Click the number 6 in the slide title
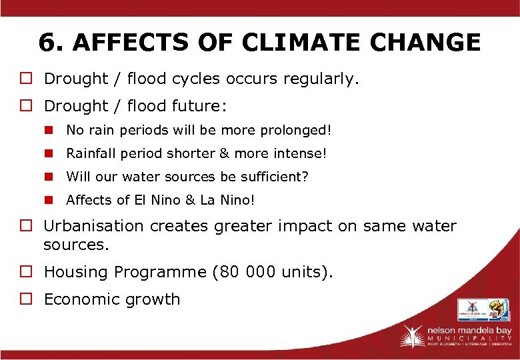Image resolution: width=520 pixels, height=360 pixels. click(x=47, y=43)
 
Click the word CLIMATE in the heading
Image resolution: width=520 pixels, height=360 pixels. click(x=296, y=43)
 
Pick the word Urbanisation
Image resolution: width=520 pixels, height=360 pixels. click(x=93, y=226)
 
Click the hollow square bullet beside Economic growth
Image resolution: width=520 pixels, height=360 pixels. click(x=30, y=299)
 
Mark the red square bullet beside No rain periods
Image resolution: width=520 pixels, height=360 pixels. click(x=49, y=130)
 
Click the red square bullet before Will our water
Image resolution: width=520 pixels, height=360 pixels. click(x=49, y=177)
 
